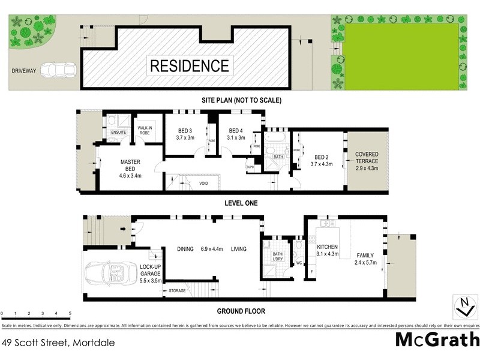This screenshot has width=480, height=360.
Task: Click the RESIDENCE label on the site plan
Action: [x=189, y=65]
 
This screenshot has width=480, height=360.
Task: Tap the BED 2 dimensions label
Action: [x=322, y=164]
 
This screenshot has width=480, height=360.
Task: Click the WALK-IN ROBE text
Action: [x=148, y=130]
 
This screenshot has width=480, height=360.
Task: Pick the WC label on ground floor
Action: [x=299, y=263]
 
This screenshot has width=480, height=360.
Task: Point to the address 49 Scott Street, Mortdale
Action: [x=58, y=343]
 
